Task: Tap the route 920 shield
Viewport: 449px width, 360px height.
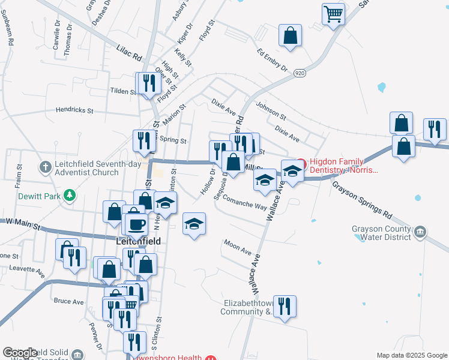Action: pos(300,73)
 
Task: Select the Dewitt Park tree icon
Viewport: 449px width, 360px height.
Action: pos(71,194)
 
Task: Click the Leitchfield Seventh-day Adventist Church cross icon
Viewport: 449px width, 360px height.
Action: pos(44,166)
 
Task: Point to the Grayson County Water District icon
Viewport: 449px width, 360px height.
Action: pos(420,232)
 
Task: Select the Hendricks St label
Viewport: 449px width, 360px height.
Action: pos(74,110)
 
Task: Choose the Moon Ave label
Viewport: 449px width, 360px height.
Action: pos(237,247)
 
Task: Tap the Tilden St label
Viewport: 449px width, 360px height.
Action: pos(124,91)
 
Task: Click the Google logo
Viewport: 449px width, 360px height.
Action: pos(20,353)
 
